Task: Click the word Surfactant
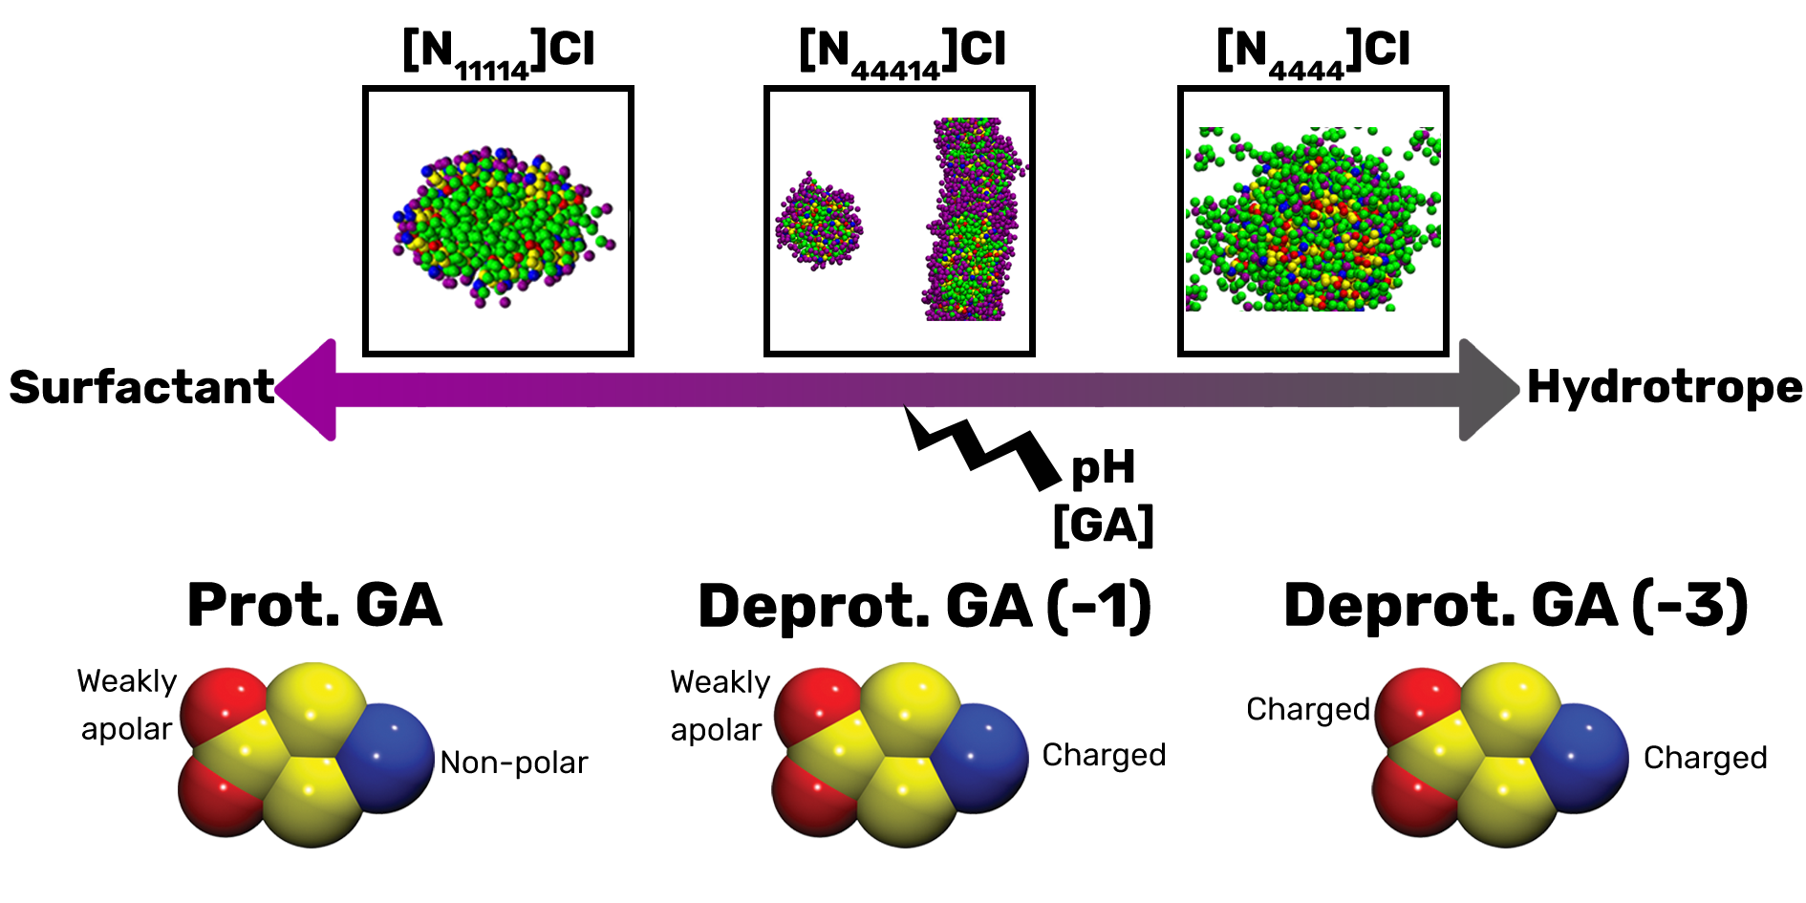141,387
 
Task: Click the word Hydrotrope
1665,387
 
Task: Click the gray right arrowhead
1487,389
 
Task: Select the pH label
1104,468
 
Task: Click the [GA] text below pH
1103,525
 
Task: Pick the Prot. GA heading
314,605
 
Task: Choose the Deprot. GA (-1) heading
924,607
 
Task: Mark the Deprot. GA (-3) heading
1516,606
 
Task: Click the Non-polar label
514,763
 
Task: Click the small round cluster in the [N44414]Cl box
818,223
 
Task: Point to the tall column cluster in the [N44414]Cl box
973,220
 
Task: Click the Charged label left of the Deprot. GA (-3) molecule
1307,709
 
